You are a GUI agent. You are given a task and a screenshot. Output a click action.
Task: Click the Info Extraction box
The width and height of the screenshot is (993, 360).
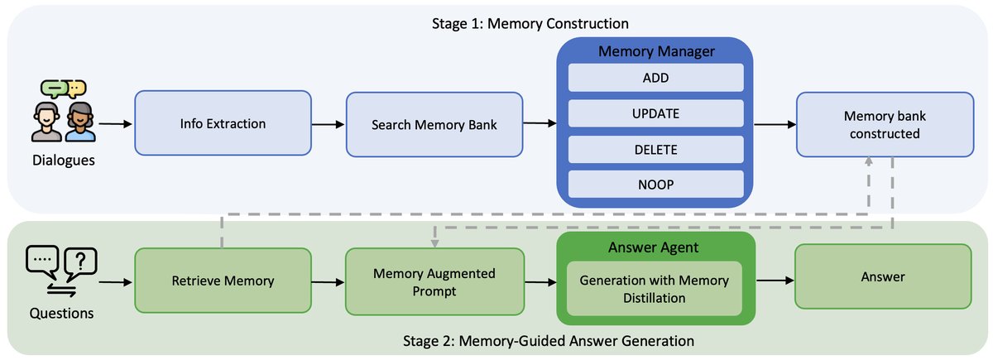[223, 124]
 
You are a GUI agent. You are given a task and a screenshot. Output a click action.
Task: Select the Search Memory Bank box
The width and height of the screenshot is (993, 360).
[434, 124]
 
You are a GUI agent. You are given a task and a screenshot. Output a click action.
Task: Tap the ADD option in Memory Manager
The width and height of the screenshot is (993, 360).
[655, 79]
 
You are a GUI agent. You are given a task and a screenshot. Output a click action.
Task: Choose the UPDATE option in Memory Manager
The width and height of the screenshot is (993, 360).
[655, 114]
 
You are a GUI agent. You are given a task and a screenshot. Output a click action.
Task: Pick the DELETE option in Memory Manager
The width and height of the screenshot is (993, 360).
[655, 150]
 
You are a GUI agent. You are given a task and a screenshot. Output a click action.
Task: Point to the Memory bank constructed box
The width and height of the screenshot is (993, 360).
[883, 124]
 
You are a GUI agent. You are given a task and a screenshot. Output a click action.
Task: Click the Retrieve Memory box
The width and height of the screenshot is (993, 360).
[223, 281]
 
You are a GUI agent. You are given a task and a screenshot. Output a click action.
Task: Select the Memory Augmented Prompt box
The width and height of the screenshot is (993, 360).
[434, 281]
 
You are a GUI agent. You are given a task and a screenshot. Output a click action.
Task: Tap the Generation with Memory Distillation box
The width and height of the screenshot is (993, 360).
[655, 289]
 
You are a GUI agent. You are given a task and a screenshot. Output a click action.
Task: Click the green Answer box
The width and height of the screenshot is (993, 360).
[883, 277]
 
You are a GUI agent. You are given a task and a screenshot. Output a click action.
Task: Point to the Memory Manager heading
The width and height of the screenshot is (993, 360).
[655, 51]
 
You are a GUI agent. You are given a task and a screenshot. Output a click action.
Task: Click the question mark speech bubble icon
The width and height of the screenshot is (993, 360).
[79, 262]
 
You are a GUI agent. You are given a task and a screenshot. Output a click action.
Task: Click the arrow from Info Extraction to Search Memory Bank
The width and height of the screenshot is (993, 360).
[328, 124]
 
